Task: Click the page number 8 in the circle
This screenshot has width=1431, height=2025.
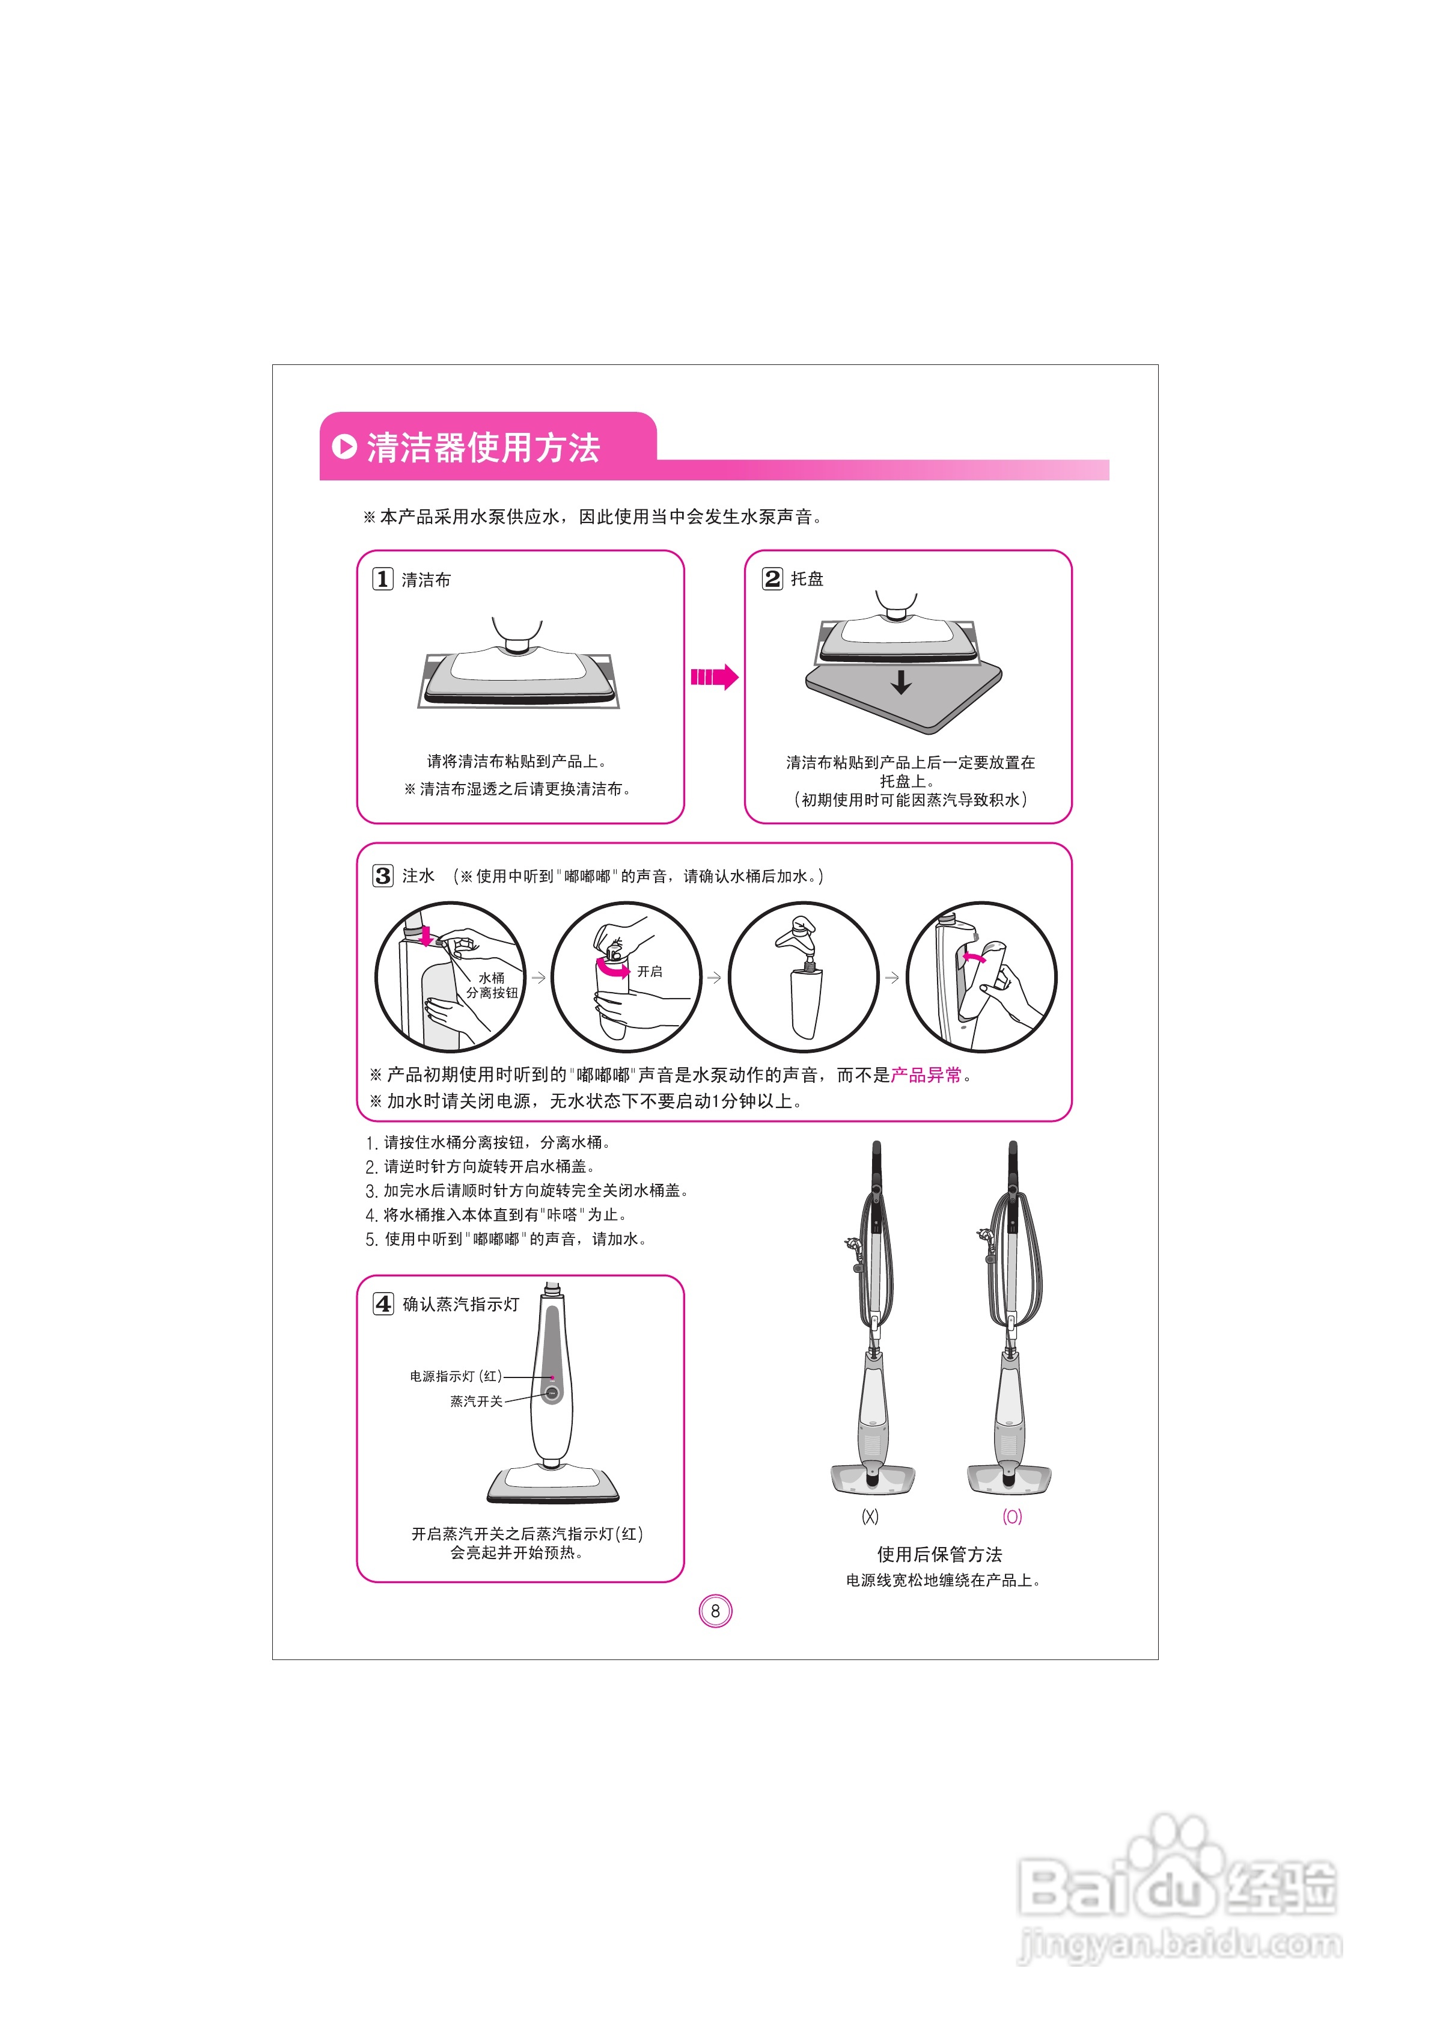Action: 715,1611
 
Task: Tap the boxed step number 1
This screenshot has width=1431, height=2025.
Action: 383,580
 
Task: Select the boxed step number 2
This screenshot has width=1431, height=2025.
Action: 772,578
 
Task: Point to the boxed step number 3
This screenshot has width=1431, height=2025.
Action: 383,876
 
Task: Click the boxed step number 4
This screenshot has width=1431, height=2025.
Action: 383,1304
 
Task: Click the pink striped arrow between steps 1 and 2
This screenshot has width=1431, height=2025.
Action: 714,678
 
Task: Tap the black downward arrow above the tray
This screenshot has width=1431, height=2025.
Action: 900,682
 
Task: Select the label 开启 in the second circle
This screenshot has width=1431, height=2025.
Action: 650,971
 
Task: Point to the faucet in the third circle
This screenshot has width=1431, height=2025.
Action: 799,935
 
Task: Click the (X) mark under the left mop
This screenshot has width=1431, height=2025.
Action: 870,1516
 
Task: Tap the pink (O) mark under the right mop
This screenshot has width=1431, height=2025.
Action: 1012,1516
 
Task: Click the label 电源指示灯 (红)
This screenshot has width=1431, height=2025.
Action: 456,1376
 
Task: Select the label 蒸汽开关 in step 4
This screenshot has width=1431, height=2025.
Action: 476,1402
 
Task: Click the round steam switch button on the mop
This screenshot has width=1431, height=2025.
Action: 552,1394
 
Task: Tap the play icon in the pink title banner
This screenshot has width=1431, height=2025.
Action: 344,446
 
